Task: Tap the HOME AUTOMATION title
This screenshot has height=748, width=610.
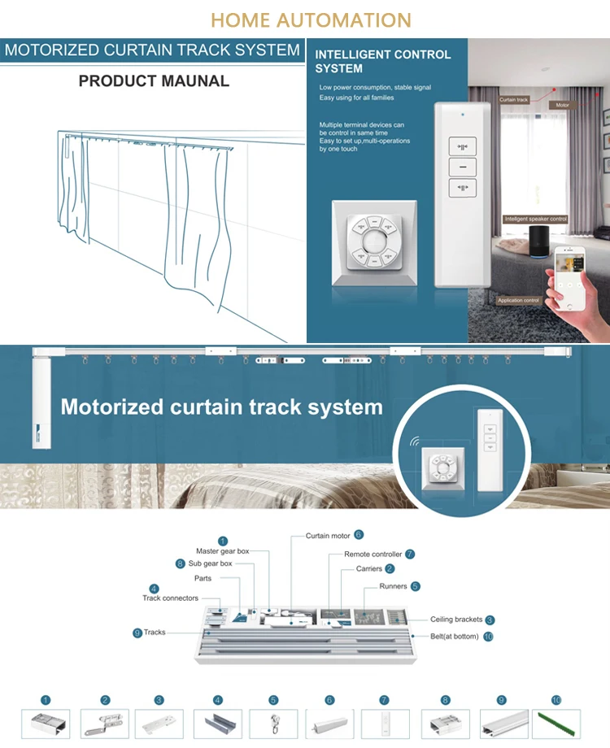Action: [x=311, y=20]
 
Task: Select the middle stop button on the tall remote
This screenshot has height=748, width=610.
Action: [x=462, y=167]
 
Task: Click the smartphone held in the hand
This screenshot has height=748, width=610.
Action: [x=569, y=277]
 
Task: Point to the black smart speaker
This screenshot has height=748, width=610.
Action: [x=540, y=241]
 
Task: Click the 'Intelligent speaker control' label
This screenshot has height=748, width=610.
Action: [x=535, y=219]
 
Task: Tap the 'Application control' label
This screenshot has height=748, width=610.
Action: [x=518, y=301]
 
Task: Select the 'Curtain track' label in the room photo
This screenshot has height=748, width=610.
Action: [x=513, y=100]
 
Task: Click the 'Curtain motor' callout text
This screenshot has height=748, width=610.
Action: [x=328, y=536]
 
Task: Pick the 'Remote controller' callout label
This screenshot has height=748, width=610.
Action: [x=373, y=554]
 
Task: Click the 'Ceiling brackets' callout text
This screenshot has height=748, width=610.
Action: [x=456, y=620]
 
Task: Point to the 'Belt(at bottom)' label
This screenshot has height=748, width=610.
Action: [x=455, y=637]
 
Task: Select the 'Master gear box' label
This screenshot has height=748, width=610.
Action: [x=222, y=551]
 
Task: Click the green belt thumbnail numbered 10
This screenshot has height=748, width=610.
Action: [x=556, y=724]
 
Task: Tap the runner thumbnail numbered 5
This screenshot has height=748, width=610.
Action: [x=273, y=724]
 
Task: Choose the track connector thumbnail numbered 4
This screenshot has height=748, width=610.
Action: [x=218, y=724]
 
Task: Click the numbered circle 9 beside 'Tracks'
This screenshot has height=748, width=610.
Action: [x=137, y=633]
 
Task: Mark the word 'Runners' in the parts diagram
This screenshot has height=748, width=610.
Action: [x=394, y=586]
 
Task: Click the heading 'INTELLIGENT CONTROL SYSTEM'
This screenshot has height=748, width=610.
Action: [x=383, y=62]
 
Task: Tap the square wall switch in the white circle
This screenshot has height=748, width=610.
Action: [x=443, y=468]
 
